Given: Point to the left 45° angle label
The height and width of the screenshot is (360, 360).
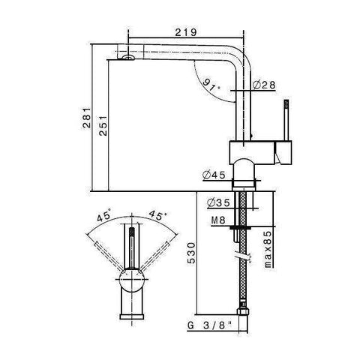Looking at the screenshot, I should point(104,217).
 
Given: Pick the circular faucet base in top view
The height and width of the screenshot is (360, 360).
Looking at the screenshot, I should point(132,282).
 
